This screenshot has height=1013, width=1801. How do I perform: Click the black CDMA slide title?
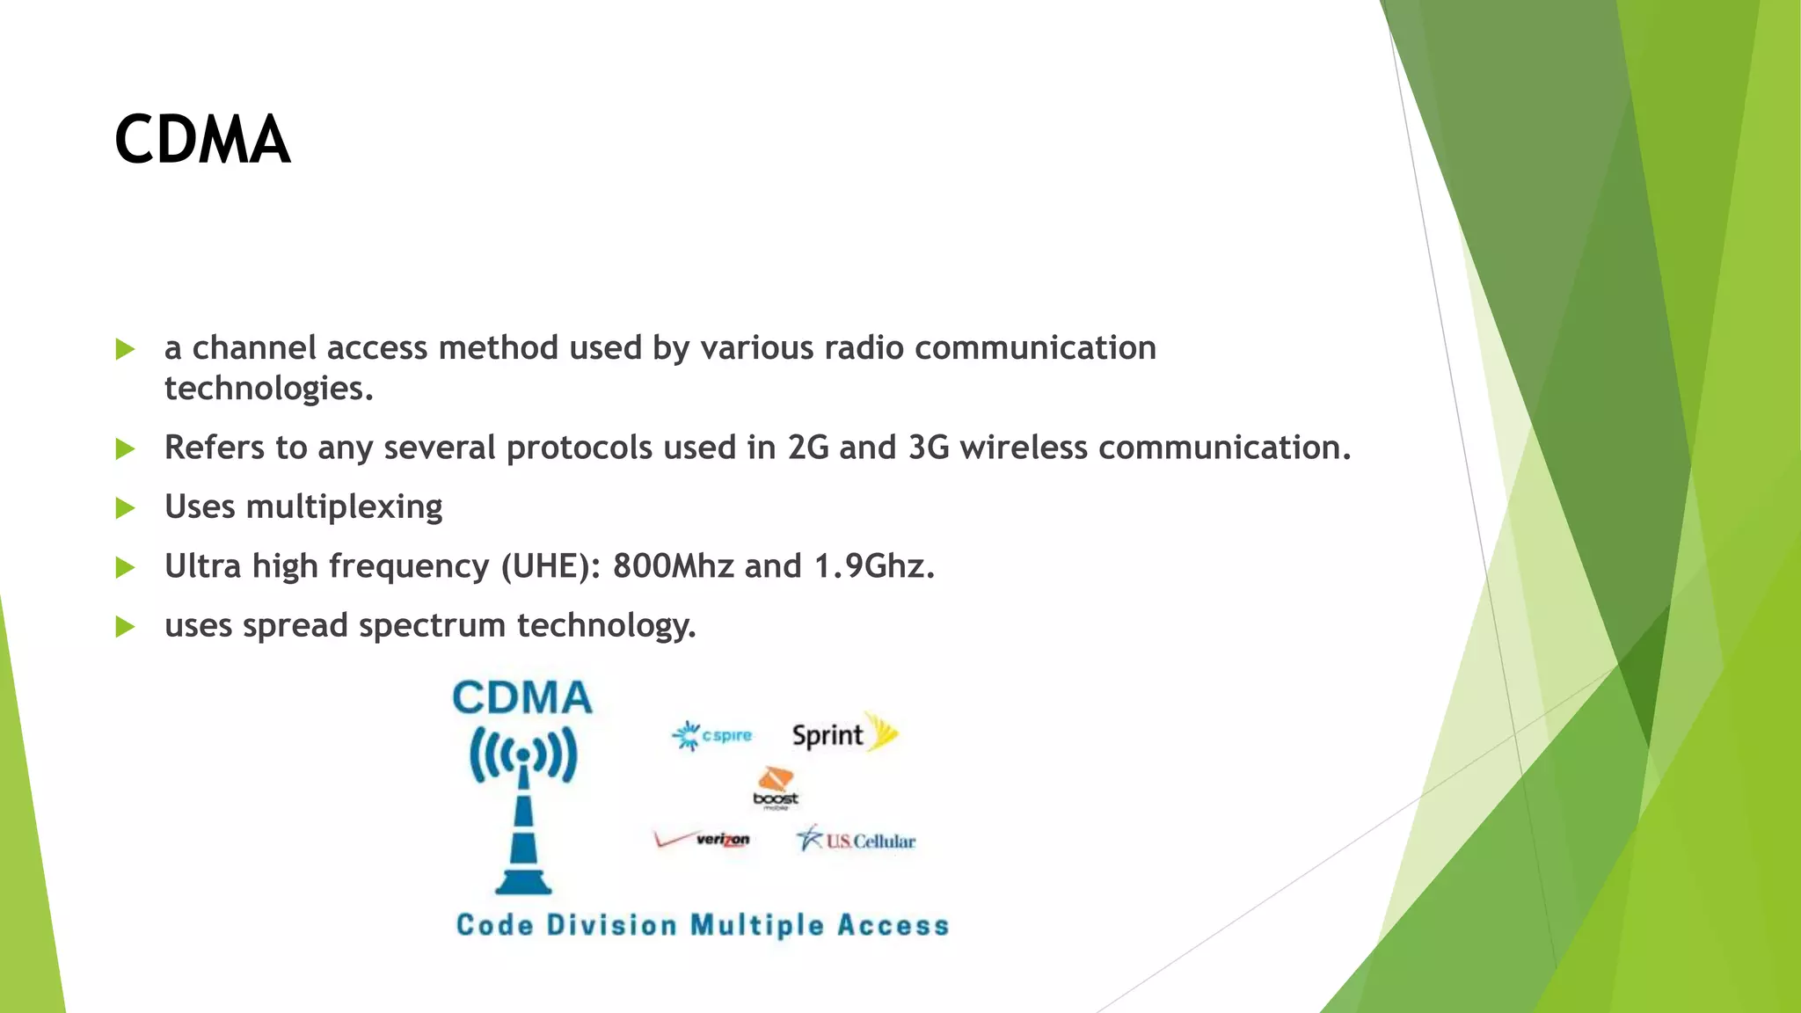click(202, 140)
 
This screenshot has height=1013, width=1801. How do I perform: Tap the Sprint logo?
click(842, 733)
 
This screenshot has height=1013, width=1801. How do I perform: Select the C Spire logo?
click(713, 735)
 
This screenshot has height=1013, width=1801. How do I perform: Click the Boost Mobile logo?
click(776, 787)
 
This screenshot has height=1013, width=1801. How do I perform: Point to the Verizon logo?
click(703, 840)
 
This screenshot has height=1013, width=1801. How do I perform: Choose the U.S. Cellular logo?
click(857, 840)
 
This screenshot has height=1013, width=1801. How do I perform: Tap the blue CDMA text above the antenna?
click(522, 698)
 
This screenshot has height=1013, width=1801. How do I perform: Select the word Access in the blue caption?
click(893, 925)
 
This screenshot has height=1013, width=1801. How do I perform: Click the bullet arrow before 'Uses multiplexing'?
click(125, 508)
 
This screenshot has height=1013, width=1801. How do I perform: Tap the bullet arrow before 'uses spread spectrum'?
click(125, 627)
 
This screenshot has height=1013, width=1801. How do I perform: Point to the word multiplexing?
click(344, 507)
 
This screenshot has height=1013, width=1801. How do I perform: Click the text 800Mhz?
click(673, 566)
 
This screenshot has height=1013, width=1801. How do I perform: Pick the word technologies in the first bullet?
click(268, 389)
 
